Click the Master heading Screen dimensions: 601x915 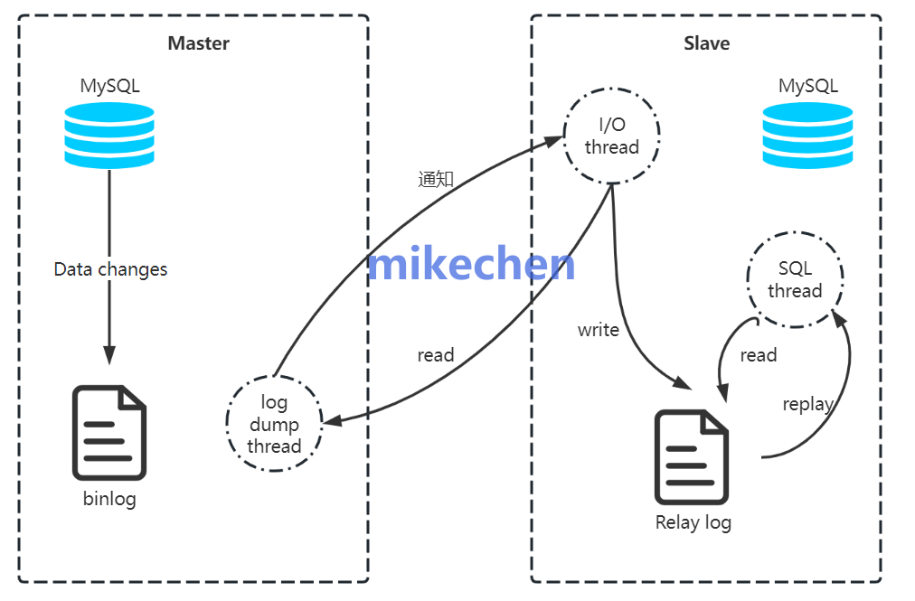[198, 43]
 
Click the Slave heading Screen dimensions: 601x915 [706, 43]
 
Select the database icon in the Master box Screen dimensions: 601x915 [109, 136]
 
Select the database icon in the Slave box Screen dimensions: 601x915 [807, 136]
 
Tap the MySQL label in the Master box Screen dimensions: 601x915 [109, 87]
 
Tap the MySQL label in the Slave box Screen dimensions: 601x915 [807, 87]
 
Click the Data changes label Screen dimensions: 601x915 [110, 269]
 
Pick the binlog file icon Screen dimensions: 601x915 [109, 432]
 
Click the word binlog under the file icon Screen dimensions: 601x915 [109, 498]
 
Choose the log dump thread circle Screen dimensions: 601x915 [273, 424]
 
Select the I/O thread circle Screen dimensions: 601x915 [612, 136]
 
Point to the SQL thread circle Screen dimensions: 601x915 [795, 279]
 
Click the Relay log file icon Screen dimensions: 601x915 [692, 456]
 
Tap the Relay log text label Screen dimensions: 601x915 [693, 522]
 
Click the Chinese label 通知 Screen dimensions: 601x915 [435, 179]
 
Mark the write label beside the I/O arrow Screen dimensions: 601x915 [599, 330]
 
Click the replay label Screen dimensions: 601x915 [807, 404]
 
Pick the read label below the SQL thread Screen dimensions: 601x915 [758, 355]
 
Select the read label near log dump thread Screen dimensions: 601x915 [435, 355]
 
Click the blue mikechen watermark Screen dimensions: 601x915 [471, 265]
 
